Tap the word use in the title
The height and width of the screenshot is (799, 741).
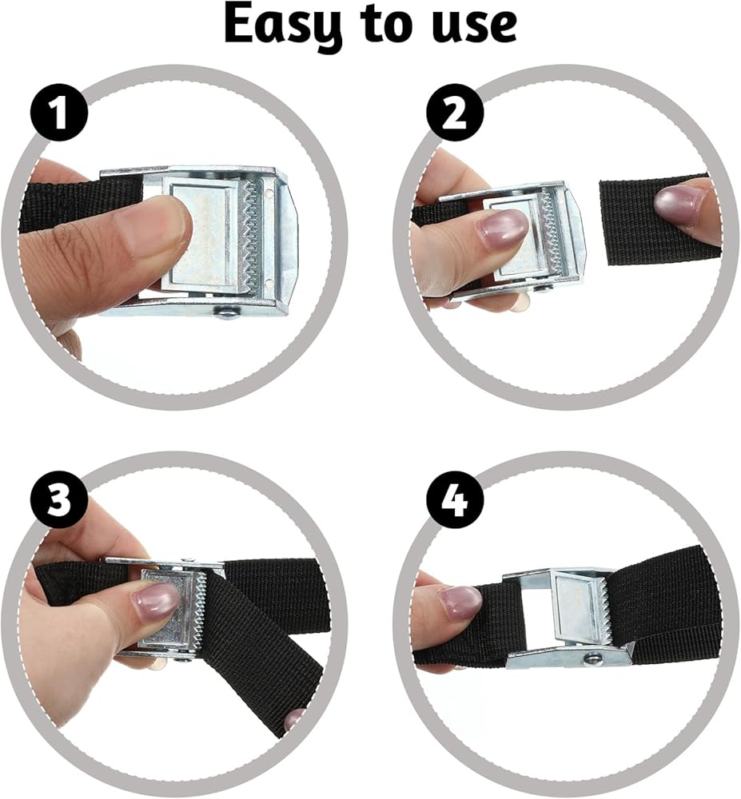(474, 26)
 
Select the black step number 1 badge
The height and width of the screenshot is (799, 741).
(59, 113)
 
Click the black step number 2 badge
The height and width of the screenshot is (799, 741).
(455, 113)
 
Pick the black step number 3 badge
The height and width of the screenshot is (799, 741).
(59, 499)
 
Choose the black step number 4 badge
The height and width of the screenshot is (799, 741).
(455, 499)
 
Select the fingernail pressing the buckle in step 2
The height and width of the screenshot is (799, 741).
(501, 230)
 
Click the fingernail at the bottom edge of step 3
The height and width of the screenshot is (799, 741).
(295, 720)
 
